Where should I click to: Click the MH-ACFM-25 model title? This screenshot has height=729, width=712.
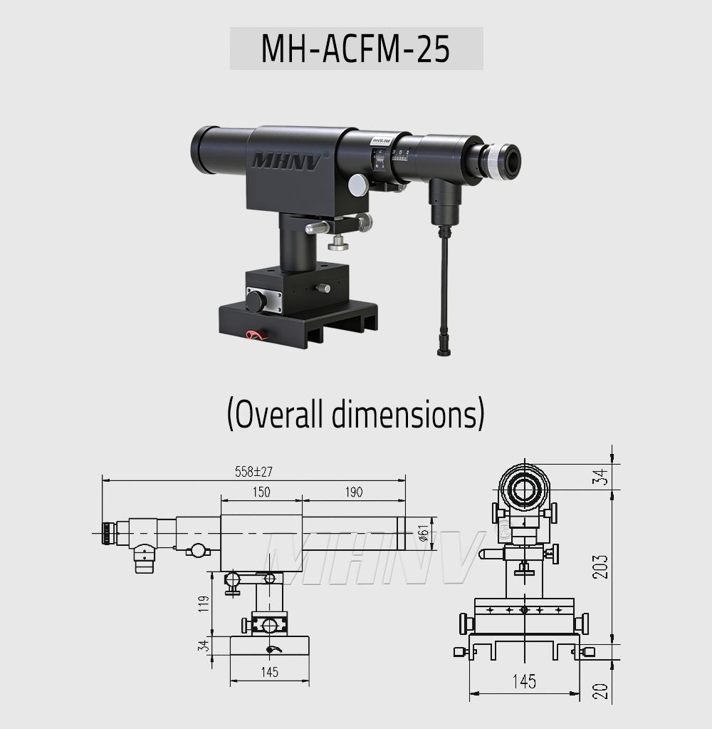pos(355,48)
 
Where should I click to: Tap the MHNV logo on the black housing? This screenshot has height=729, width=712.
pos(287,157)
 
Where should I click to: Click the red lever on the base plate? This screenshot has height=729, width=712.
pos(253,334)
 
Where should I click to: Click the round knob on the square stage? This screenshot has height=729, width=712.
pos(255,301)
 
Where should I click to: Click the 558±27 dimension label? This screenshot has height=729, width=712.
pos(254,471)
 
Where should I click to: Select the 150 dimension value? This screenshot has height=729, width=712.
pos(261,492)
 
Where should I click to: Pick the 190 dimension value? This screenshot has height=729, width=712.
pos(353,492)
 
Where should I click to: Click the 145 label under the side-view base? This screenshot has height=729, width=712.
pos(269,672)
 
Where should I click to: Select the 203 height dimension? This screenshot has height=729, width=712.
pos(602,566)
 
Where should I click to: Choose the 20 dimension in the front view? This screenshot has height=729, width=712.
pos(602,690)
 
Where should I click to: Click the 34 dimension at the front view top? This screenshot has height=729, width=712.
pos(602,476)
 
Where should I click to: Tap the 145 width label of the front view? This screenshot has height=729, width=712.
pos(523,682)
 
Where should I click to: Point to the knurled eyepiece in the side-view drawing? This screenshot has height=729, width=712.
pos(107,532)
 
